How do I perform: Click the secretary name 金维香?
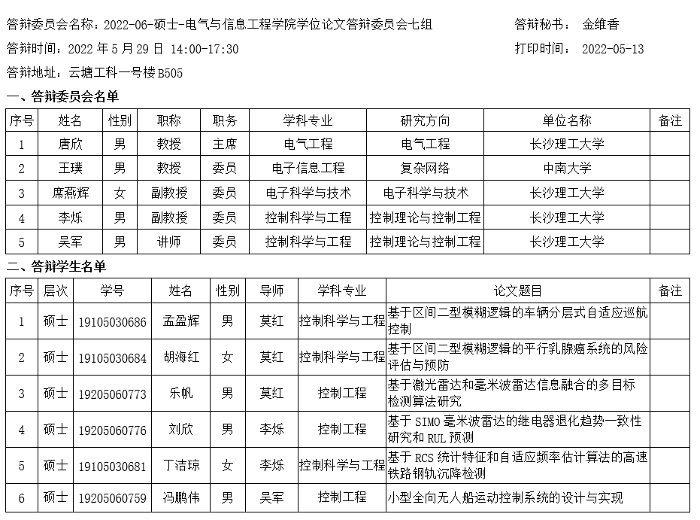[600, 25]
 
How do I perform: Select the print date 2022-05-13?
[613, 50]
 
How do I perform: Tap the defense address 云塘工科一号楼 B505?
[125, 73]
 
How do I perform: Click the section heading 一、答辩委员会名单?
[62, 96]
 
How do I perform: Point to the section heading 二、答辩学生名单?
[56, 266]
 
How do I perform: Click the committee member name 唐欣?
[70, 144]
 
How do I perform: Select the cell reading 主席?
[224, 144]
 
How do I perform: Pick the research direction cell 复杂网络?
[426, 169]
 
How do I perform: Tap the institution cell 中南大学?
[567, 169]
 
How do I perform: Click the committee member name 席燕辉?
[70, 193]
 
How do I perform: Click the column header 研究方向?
[426, 120]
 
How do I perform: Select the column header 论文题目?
[517, 290]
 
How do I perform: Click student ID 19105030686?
[113, 322]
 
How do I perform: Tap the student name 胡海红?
[181, 357]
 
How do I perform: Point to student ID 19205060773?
[113, 394]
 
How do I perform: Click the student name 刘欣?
[181, 430]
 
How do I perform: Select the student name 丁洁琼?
[181, 466]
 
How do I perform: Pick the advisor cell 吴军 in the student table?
[271, 497]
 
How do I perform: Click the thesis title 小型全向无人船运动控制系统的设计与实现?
[505, 497]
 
